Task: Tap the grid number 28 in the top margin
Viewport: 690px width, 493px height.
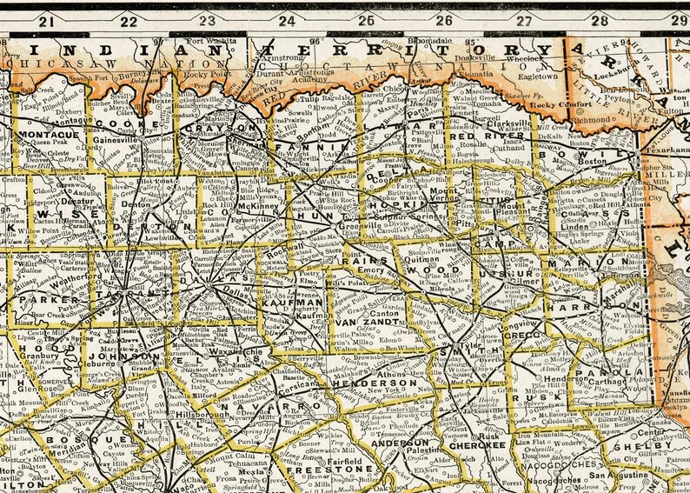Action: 600,21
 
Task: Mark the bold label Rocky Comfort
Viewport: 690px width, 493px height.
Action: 557,105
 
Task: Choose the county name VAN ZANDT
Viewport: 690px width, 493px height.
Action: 357,323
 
